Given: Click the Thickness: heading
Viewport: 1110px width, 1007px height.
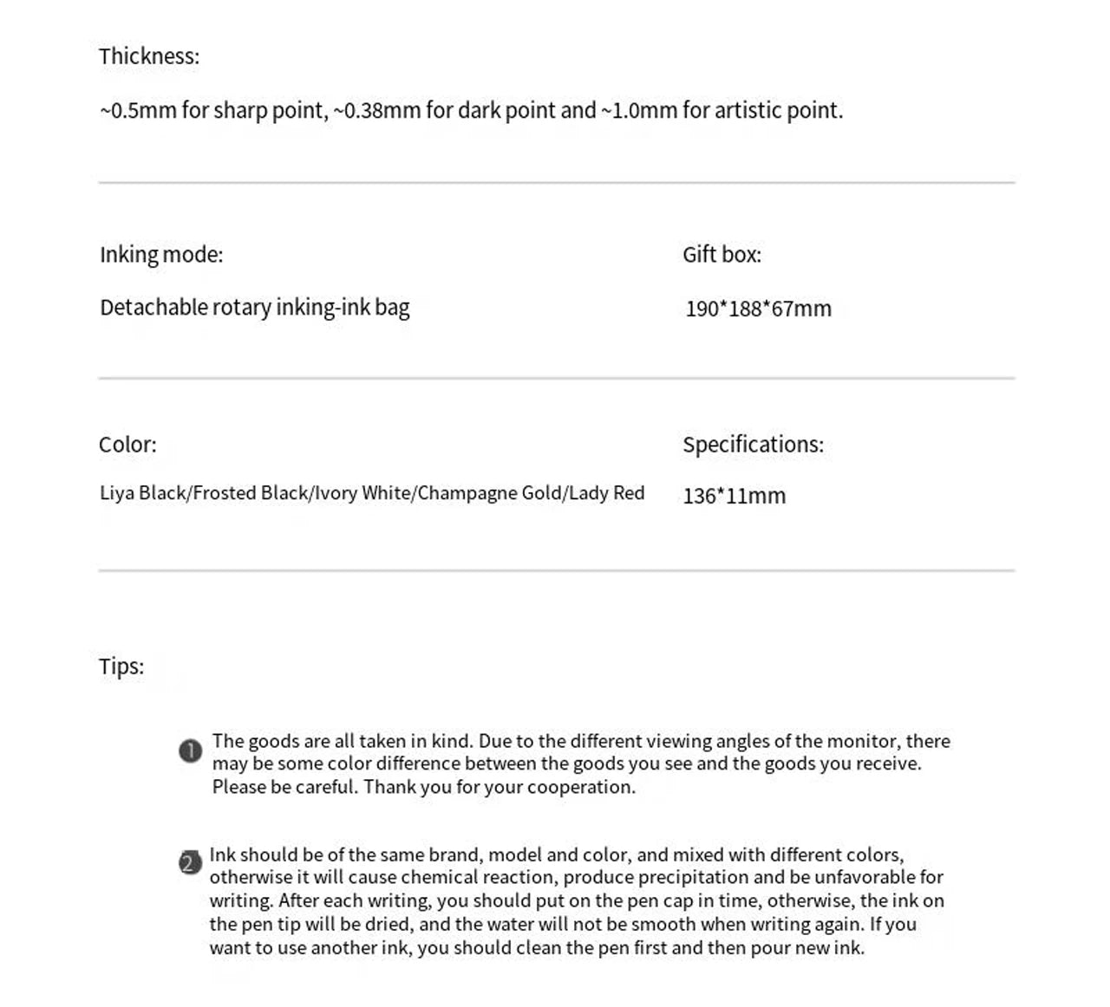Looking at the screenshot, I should tap(148, 56).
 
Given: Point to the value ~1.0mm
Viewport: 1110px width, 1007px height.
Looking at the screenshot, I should tap(638, 111).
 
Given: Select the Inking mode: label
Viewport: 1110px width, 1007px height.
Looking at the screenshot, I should tap(161, 255).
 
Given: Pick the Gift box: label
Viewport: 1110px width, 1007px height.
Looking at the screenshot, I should tap(721, 255).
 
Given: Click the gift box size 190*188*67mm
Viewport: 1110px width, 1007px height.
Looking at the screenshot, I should tap(758, 309).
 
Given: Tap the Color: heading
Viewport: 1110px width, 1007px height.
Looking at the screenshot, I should tap(127, 445).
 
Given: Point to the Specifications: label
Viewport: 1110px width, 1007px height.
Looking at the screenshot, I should tap(753, 445).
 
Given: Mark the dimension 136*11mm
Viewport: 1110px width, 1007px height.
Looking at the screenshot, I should tap(734, 497).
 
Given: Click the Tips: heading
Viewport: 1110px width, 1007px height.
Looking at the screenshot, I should tap(121, 666).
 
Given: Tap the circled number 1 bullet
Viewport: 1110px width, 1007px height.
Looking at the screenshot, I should tap(191, 750).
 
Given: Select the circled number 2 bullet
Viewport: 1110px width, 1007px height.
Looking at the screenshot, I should tap(190, 863).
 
